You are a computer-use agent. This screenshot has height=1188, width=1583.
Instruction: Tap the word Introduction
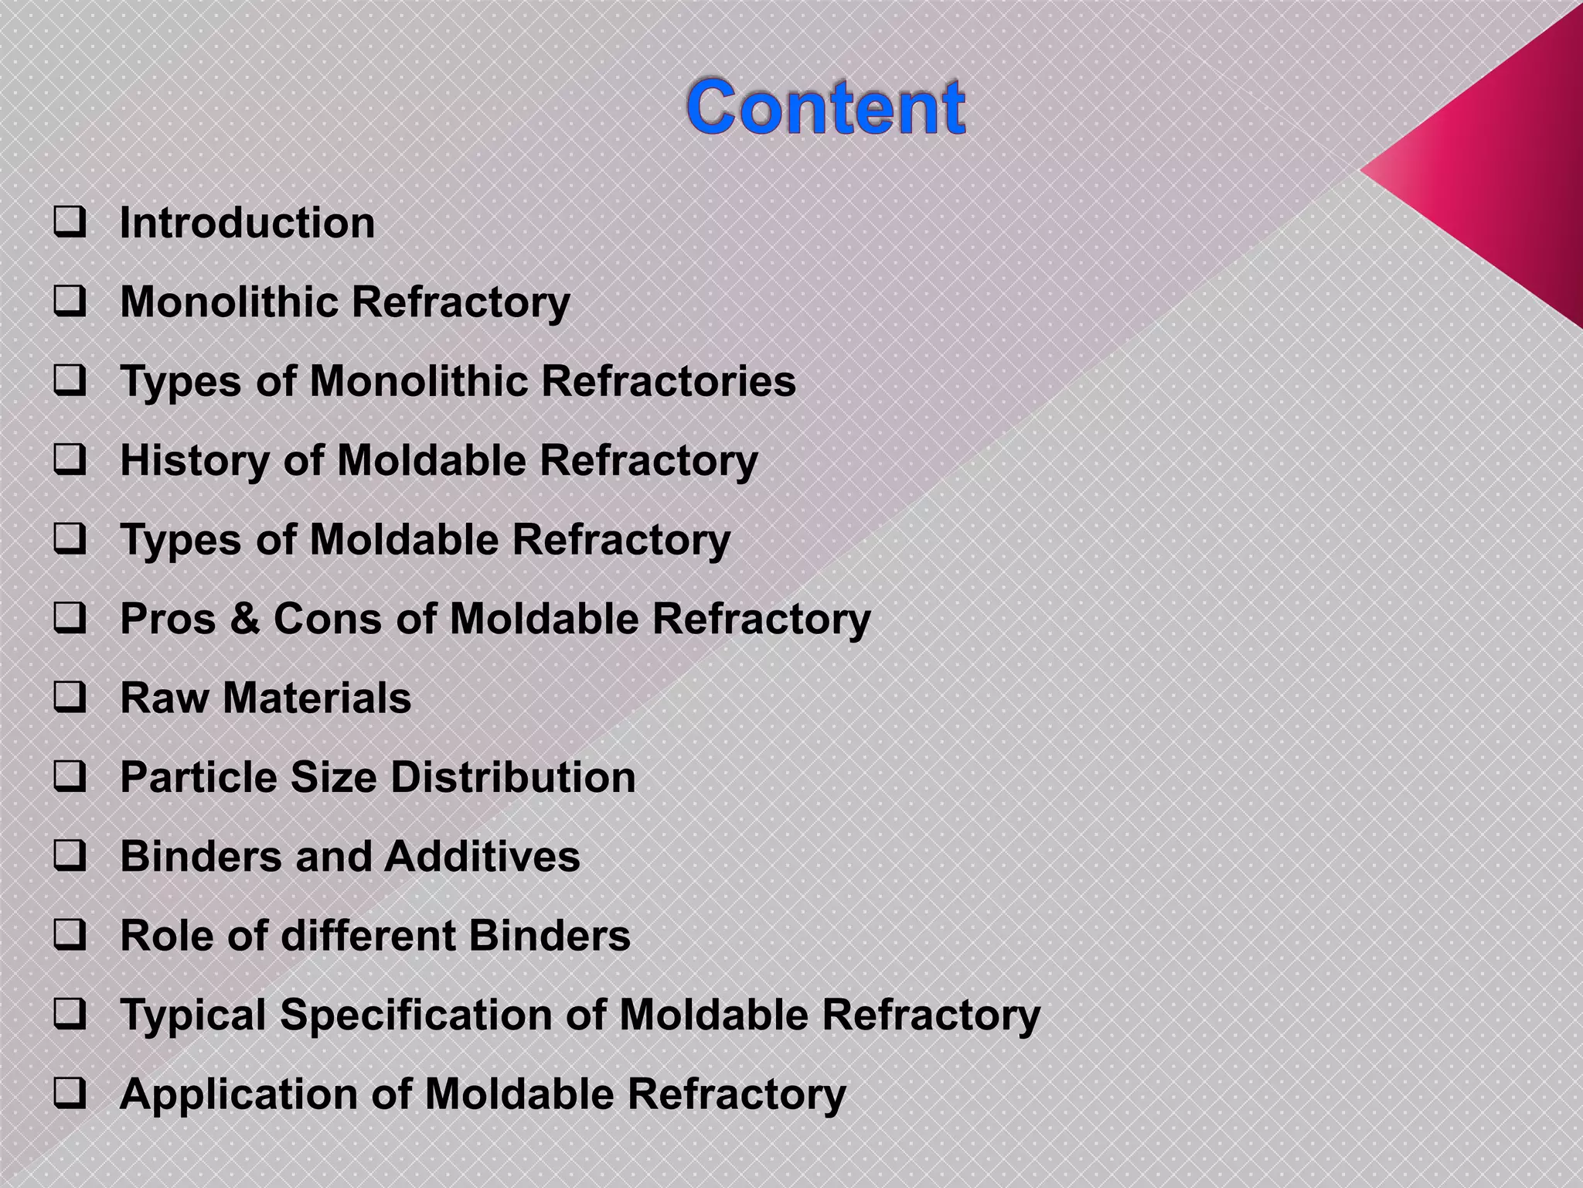click(247, 223)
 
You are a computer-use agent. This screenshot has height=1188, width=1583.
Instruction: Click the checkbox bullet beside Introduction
click(70, 223)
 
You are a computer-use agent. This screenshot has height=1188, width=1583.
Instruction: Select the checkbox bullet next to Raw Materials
click(70, 698)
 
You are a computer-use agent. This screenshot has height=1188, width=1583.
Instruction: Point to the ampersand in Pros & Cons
click(244, 619)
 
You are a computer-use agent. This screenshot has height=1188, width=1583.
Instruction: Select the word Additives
click(482, 857)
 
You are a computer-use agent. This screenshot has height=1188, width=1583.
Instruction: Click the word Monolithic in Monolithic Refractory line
click(228, 302)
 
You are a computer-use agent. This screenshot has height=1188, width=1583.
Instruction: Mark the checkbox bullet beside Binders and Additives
click(70, 857)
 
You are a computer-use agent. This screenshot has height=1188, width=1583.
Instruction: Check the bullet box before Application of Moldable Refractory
click(70, 1095)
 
